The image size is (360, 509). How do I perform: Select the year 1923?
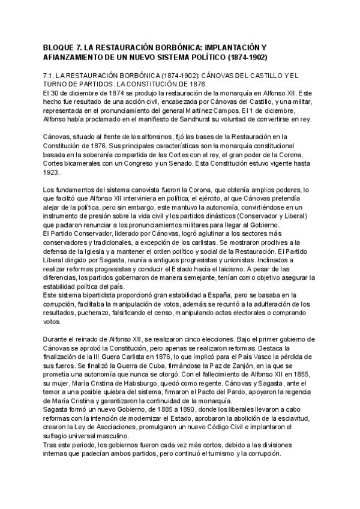(52, 172)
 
